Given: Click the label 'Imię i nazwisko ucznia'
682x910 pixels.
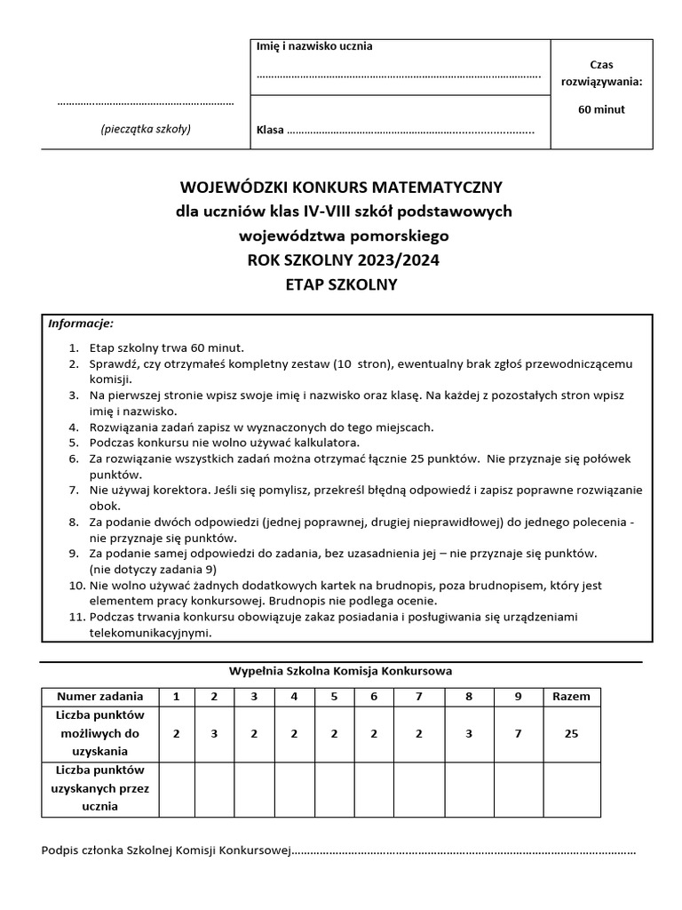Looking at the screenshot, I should click(314, 47).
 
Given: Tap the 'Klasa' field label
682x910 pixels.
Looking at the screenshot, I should click(270, 131).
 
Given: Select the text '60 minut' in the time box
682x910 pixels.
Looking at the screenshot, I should click(601, 110).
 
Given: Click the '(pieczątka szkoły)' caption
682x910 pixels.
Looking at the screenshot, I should click(146, 129).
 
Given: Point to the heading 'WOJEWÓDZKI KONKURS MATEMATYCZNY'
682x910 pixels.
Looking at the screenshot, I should click(342, 188).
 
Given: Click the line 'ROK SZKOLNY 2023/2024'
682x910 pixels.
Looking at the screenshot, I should click(342, 260).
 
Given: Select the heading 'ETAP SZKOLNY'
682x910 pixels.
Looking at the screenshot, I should click(342, 285).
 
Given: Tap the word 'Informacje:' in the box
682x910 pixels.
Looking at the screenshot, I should click(81, 323).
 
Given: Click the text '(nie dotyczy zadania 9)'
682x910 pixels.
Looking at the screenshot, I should click(153, 569).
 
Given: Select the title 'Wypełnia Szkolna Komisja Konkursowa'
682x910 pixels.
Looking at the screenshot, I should click(342, 671).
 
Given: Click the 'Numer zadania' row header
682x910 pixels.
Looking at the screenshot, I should click(99, 697).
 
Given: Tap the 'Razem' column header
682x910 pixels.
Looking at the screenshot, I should click(571, 697).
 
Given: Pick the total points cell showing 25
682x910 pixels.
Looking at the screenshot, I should click(571, 734).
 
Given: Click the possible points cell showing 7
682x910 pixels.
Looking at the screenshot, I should click(519, 734).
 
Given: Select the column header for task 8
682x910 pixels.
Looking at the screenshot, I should click(469, 697).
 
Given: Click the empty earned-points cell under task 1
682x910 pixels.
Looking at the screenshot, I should click(177, 788).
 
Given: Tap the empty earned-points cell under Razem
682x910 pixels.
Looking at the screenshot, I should click(571, 788).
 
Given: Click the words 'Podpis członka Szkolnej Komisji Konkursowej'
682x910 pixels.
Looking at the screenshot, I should click(167, 851).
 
